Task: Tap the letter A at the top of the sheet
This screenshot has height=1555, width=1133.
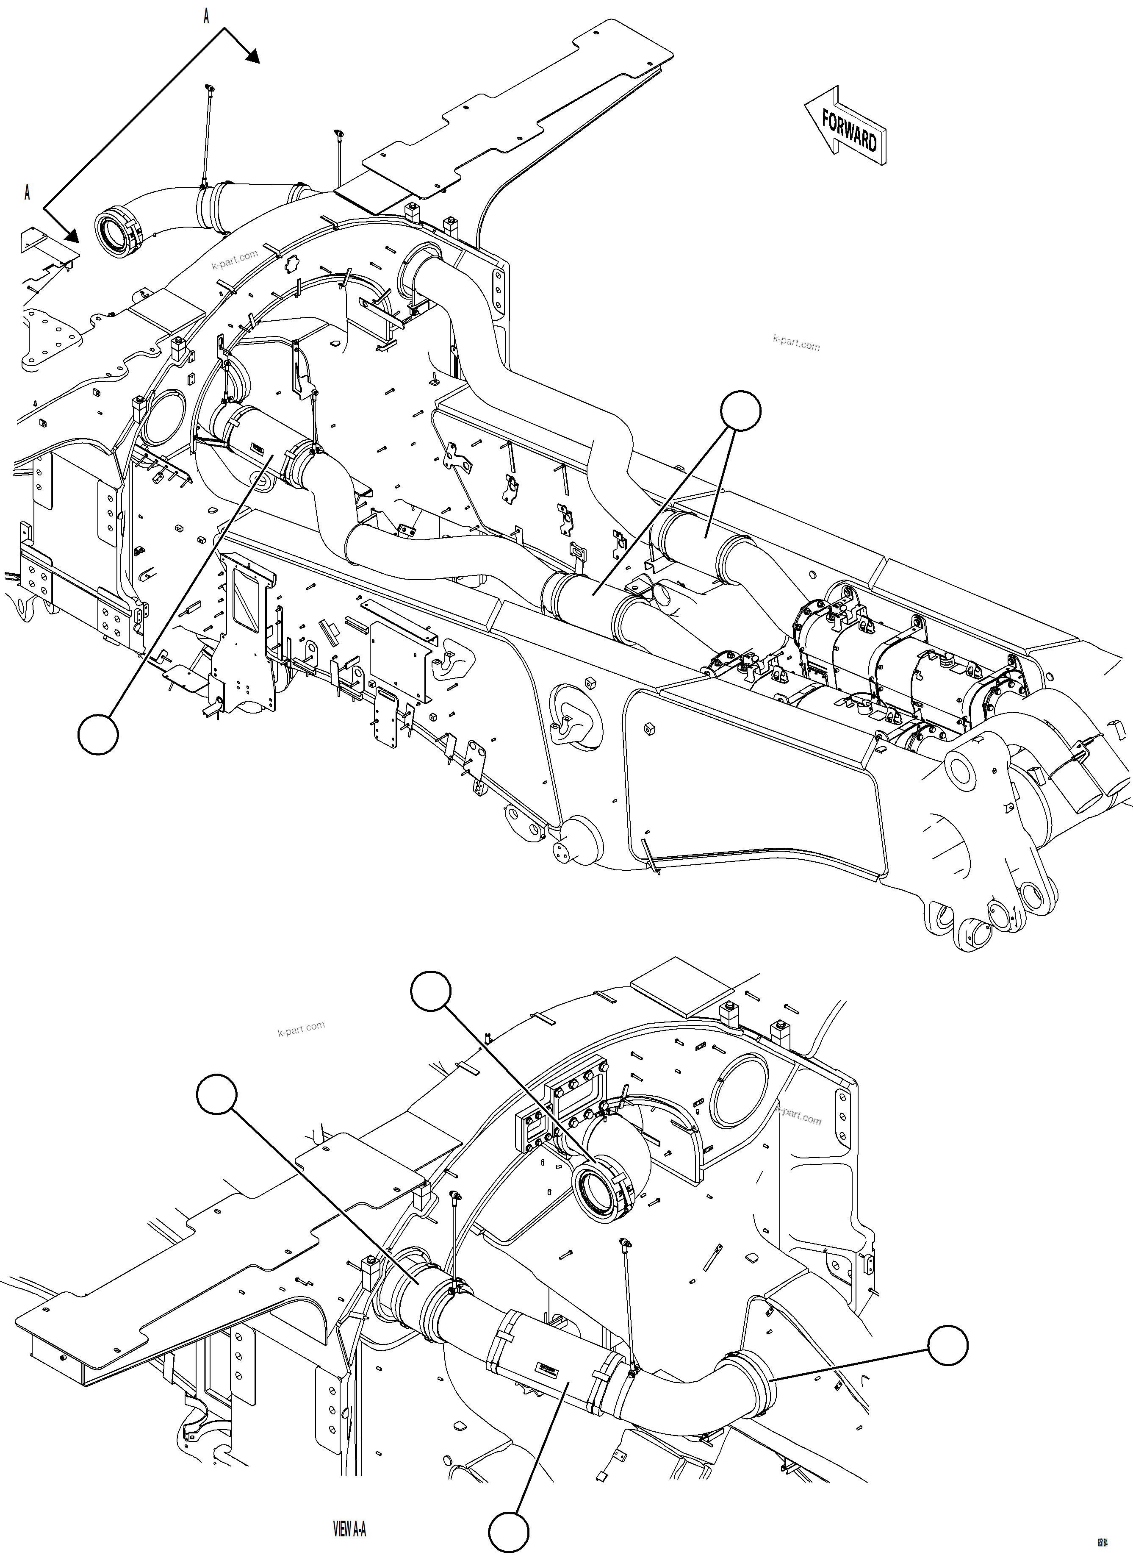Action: [206, 17]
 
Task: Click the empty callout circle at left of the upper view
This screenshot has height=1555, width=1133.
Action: [98, 735]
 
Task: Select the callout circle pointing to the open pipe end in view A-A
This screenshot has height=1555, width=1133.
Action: [431, 991]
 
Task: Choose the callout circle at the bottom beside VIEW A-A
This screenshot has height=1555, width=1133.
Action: [509, 1533]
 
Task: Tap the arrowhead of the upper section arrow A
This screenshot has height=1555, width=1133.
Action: [252, 57]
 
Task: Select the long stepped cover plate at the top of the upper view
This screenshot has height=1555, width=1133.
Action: [521, 123]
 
